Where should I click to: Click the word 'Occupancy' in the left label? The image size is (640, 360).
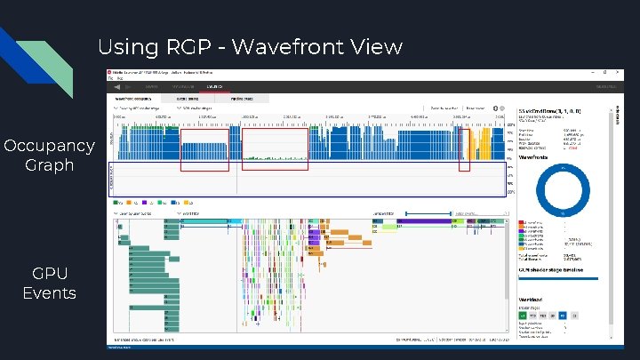click(x=50, y=146)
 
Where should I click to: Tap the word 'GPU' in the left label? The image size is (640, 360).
click(x=50, y=273)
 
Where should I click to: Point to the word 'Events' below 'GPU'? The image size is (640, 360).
click(x=50, y=292)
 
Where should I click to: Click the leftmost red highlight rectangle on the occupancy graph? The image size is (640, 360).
click(x=204, y=148)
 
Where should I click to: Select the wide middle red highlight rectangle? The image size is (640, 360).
click(x=275, y=148)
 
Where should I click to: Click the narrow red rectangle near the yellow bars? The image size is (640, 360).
click(x=464, y=149)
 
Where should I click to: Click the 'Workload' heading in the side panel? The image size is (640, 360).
click(x=534, y=300)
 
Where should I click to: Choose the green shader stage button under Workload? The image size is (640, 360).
click(x=522, y=315)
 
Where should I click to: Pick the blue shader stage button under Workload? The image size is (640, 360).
click(x=564, y=315)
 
